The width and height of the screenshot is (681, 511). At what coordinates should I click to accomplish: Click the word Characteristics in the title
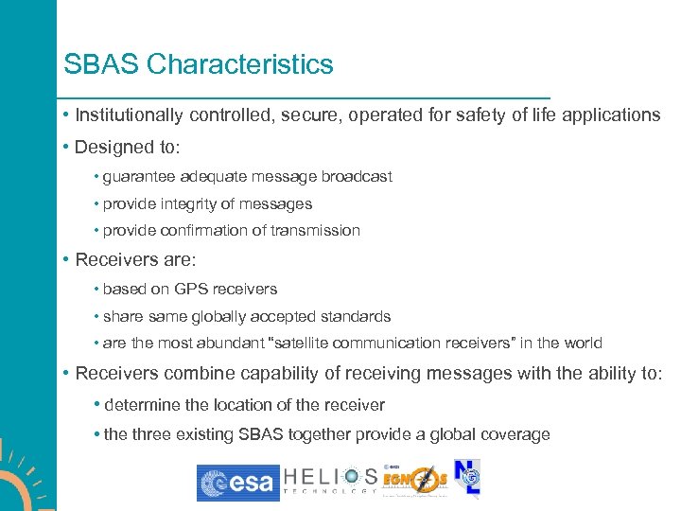(240, 65)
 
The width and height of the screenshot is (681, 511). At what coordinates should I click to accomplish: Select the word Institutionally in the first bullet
(131, 115)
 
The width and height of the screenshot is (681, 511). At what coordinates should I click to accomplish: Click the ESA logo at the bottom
(237, 483)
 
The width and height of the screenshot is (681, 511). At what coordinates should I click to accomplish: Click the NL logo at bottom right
(467, 479)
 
